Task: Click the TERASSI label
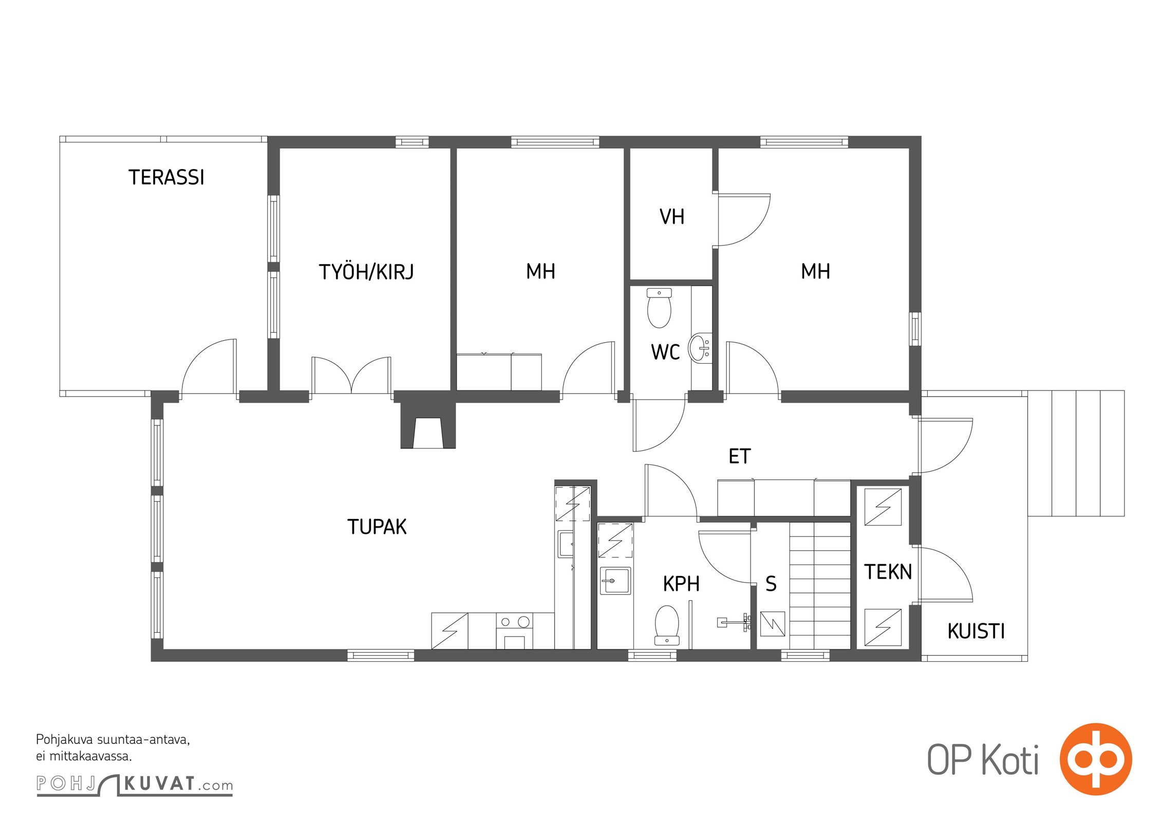click(x=166, y=177)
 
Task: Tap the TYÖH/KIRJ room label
click(x=366, y=271)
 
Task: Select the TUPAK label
click(x=377, y=527)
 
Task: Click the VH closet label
click(x=672, y=217)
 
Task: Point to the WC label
click(x=665, y=352)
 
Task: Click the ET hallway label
click(x=740, y=456)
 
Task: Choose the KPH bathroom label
click(x=681, y=584)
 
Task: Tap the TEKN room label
click(x=888, y=572)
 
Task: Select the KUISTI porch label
click(x=976, y=631)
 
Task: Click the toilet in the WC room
click(x=659, y=308)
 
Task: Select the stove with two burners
click(x=514, y=631)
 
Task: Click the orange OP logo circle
click(x=1096, y=759)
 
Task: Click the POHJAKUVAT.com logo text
click(x=135, y=784)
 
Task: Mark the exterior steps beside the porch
click(x=1076, y=453)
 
